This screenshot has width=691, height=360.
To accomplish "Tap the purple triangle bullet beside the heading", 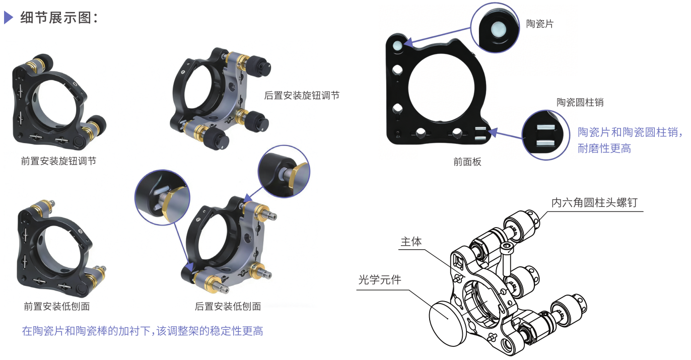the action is coord(9,17).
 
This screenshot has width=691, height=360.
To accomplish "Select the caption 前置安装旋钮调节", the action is coord(58,161).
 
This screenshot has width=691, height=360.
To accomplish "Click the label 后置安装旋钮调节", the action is coord(302,95).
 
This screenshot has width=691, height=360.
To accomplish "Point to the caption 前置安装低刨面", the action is coord(57,306).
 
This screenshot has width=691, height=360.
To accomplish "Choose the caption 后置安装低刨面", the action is coord(228,306).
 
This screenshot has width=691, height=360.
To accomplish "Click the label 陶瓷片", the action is coord(540,24).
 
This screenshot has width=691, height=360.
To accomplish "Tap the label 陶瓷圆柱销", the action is coord(580,102).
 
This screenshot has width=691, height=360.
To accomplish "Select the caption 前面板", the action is coord(467,161).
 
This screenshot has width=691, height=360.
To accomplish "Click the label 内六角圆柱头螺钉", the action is coord(594,202).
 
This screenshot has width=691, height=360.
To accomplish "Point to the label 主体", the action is coord(411,241).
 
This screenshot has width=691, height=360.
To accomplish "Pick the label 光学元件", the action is coord(380,279).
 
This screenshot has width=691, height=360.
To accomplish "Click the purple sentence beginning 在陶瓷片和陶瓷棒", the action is coord(143,331).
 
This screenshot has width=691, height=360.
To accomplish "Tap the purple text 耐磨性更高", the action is coord(604,149).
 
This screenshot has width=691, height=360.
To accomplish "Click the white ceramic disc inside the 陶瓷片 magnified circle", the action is coord(499,29).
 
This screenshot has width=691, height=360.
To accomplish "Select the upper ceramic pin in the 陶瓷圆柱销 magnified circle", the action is coord(546,127).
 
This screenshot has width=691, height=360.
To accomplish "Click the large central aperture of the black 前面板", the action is coord(441,88).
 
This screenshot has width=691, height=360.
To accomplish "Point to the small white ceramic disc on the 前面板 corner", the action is coord(397,46).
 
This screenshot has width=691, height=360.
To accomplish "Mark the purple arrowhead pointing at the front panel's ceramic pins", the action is coord(493,132).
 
